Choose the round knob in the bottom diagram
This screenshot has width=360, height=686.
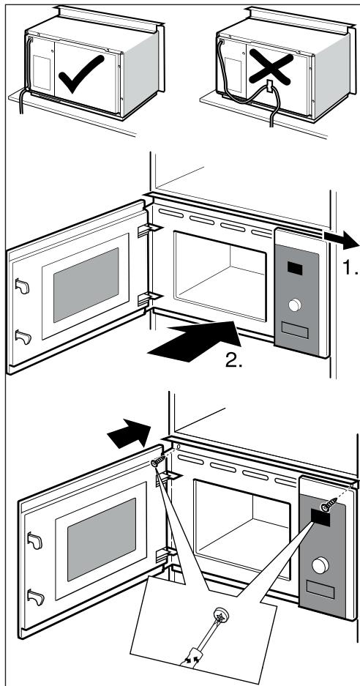click(319, 565)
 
